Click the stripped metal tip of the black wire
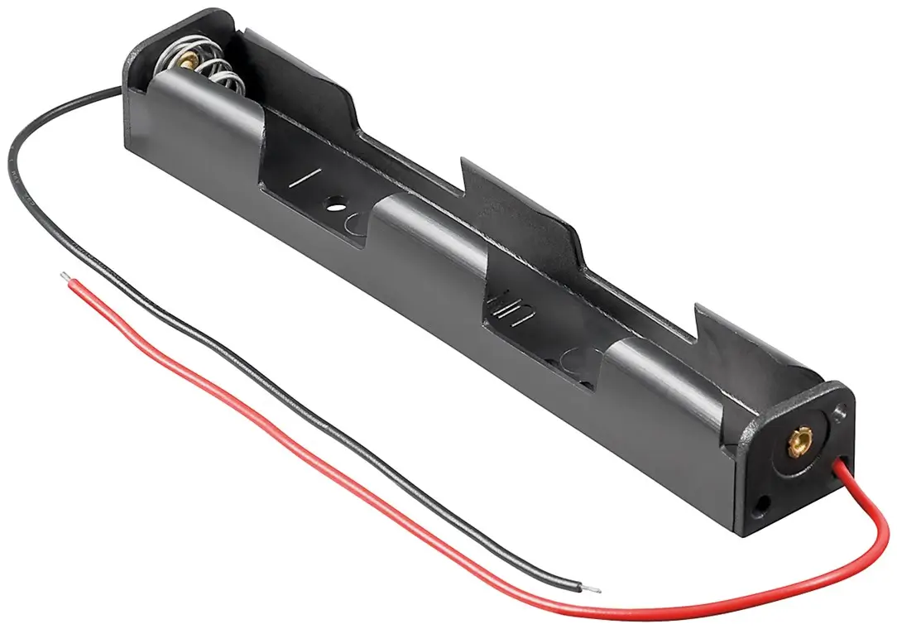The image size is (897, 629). pyautogui.click(x=592, y=589)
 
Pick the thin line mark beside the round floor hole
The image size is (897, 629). pyautogui.click(x=310, y=179)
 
